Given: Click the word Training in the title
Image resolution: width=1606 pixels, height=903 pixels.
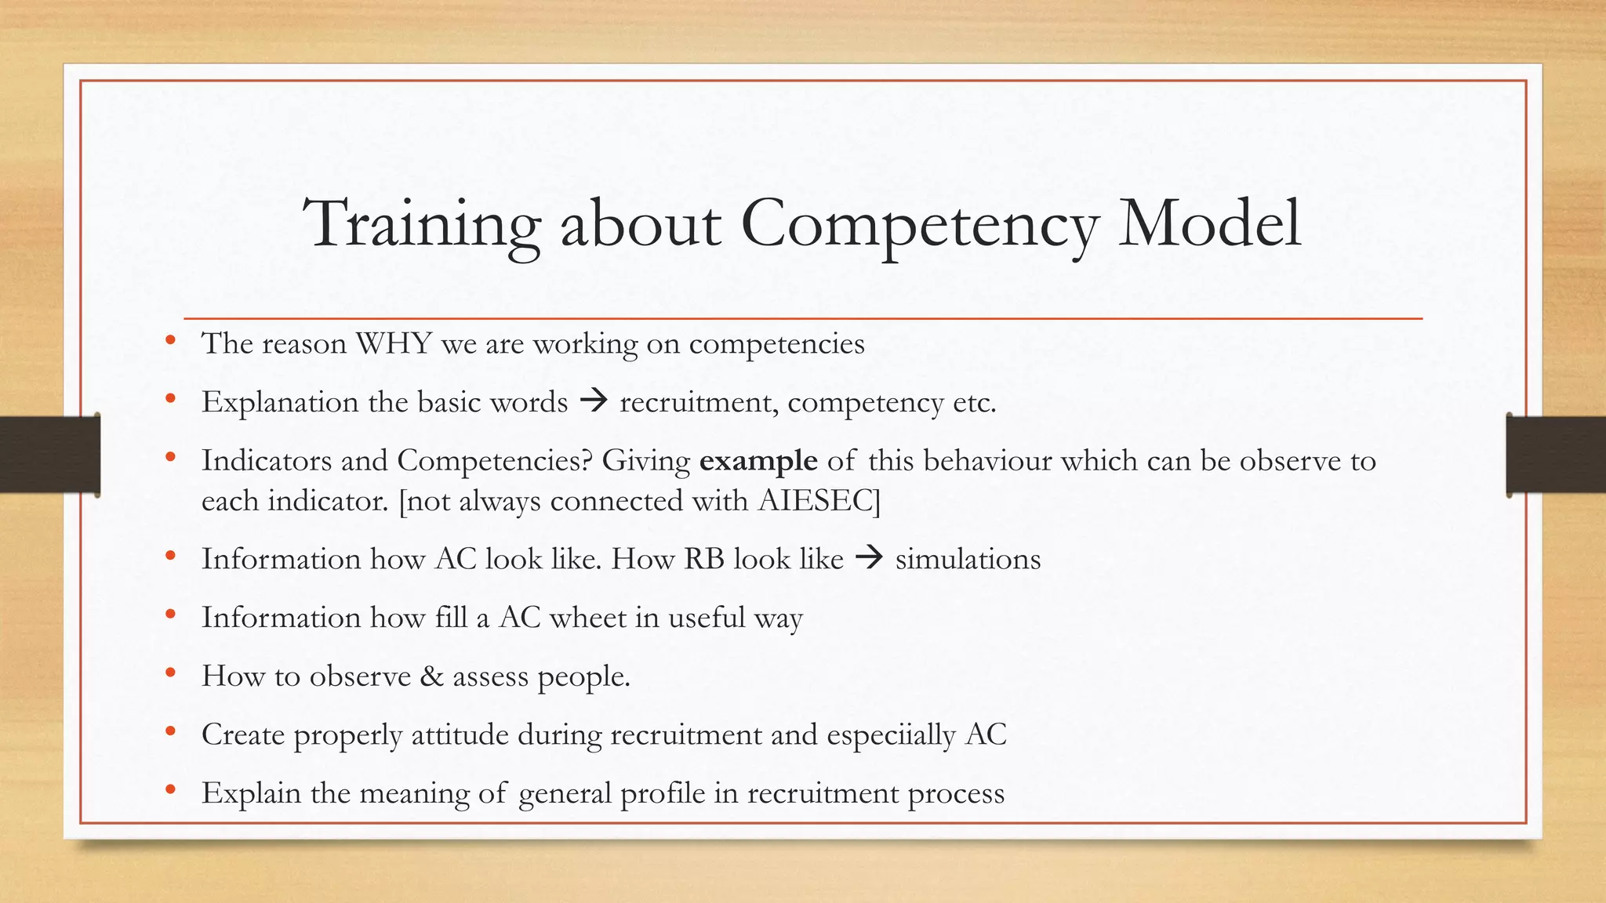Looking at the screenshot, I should coord(422,224).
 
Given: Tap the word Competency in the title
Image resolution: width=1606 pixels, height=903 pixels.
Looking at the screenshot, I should coord(918,224).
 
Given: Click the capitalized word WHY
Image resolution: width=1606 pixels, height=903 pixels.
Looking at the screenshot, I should coord(394,343).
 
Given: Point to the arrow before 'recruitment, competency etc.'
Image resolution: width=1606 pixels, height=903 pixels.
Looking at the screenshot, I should coord(594,402).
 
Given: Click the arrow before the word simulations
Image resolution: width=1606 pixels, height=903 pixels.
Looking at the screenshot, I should coord(869,559).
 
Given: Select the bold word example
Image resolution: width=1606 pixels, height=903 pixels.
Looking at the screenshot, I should coord(758,460).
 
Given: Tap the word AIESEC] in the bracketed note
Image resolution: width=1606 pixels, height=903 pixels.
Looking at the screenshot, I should coord(819,500).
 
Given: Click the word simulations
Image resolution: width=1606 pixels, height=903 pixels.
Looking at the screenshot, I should coord(968,559).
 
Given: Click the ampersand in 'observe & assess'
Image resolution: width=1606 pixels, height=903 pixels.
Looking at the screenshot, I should coord(431,676).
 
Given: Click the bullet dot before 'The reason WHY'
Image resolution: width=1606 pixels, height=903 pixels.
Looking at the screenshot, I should coord(170,341).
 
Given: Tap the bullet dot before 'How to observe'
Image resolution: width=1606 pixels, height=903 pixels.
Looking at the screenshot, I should coord(170,673).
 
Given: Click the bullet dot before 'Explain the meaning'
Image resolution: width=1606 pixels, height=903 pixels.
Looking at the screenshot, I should coord(170,790).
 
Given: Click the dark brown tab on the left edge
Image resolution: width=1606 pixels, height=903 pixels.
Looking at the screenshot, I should coord(49,455).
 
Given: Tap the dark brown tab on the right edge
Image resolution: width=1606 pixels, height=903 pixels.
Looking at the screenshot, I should coord(1556,455).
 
